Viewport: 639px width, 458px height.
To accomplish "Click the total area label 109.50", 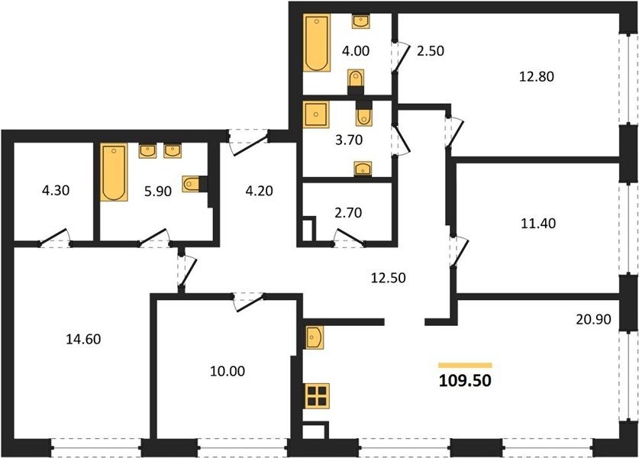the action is pyautogui.click(x=465, y=381).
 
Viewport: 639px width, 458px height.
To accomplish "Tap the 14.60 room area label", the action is pyautogui.click(x=83, y=339).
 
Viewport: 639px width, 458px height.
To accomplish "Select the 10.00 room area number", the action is pyautogui.click(x=228, y=371).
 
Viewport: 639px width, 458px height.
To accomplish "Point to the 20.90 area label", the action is pyautogui.click(x=593, y=319).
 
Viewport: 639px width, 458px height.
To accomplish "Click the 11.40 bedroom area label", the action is pyautogui.click(x=538, y=224).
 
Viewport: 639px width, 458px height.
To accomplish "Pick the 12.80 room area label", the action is pyautogui.click(x=536, y=76).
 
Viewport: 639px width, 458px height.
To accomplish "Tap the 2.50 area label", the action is pyautogui.click(x=431, y=51).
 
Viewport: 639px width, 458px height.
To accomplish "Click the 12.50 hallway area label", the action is pyautogui.click(x=388, y=278).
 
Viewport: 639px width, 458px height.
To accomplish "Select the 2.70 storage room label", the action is pyautogui.click(x=348, y=213).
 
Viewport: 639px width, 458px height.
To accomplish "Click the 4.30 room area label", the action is pyautogui.click(x=56, y=190).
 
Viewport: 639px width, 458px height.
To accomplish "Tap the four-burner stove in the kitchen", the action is pyautogui.click(x=317, y=396).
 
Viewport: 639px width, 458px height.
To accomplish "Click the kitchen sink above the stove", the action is pyautogui.click(x=314, y=337).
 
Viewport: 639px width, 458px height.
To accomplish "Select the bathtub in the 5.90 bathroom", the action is pyautogui.click(x=114, y=172).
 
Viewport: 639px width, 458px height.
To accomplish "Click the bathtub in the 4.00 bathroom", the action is pyautogui.click(x=317, y=43).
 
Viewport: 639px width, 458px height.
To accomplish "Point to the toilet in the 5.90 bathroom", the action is pyautogui.click(x=191, y=184).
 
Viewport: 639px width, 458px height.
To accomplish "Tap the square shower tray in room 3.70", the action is pyautogui.click(x=315, y=114).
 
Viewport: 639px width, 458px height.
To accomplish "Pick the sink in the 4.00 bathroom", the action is pyautogui.click(x=360, y=21).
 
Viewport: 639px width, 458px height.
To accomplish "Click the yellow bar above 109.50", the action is pyautogui.click(x=465, y=366).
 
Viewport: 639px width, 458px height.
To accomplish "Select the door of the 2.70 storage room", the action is pyautogui.click(x=348, y=237).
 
